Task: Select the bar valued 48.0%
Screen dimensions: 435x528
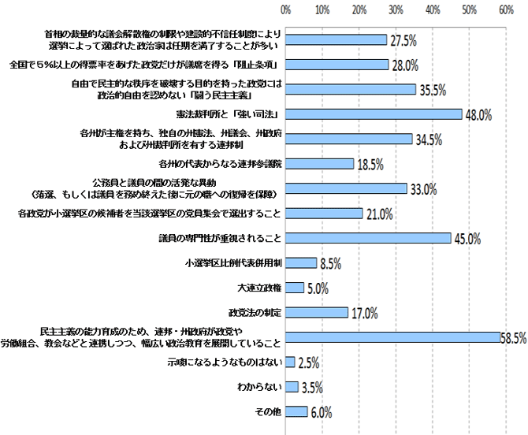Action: pyautogui.click(x=374, y=113)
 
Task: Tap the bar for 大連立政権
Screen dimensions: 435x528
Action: pyautogui.click(x=295, y=287)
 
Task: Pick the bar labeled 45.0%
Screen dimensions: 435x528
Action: pyautogui.click(x=368, y=237)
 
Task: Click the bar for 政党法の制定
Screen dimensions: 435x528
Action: pyautogui.click(x=317, y=312)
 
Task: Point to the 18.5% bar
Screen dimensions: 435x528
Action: pyautogui.click(x=319, y=163)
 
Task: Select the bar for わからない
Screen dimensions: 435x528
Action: pyautogui.click(x=292, y=386)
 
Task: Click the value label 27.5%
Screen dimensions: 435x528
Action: pyautogui.click(x=403, y=40)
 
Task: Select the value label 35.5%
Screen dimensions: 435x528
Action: pyautogui.click(x=433, y=90)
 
